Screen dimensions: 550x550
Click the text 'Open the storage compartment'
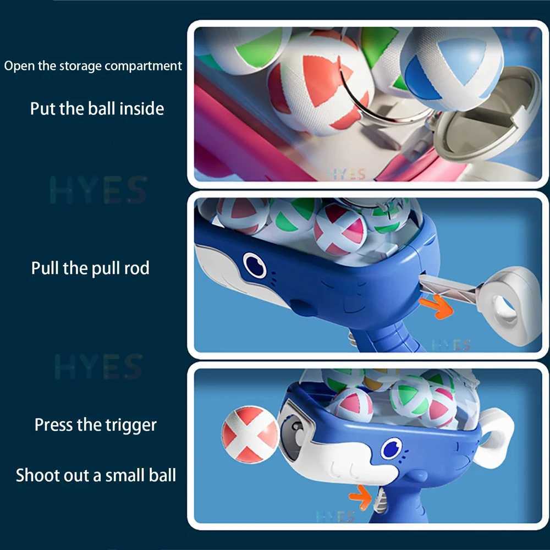pos(93,67)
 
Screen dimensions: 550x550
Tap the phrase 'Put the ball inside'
pos(97,108)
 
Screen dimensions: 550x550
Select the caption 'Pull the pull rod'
pos(90,268)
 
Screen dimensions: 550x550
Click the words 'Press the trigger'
pos(96,425)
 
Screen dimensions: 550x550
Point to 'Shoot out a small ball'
pos(96,475)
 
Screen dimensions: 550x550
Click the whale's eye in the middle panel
pos(254,266)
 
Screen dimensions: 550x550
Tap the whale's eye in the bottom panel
pos(392,448)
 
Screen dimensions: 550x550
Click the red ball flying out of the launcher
pos(250,433)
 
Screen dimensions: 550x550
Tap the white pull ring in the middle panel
pos(509,306)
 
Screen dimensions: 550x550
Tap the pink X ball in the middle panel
pos(340,229)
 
